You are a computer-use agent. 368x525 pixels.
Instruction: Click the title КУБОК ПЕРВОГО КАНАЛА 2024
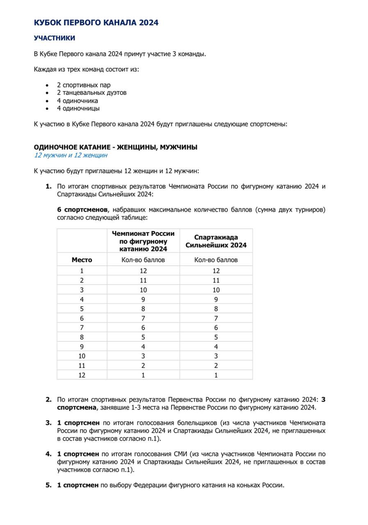[x=96, y=22]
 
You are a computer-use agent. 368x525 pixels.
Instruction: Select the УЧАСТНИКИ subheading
[x=55, y=38]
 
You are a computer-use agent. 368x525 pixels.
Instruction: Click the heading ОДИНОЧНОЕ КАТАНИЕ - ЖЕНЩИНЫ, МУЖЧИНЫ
[x=119, y=147]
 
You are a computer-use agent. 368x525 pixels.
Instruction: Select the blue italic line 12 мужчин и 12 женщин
[x=70, y=155]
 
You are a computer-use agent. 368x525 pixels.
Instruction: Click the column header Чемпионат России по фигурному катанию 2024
[x=144, y=241]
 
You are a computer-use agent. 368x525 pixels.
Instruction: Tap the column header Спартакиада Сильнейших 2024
[x=216, y=241]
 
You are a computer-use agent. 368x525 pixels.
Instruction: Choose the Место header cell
[x=82, y=260]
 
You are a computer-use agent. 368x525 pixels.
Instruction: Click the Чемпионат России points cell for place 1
[x=144, y=271]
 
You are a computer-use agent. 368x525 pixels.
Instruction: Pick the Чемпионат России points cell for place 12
[x=144, y=375]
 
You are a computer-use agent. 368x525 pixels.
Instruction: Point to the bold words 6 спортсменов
[x=83, y=210]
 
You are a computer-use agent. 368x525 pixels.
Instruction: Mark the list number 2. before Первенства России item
[x=49, y=399]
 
